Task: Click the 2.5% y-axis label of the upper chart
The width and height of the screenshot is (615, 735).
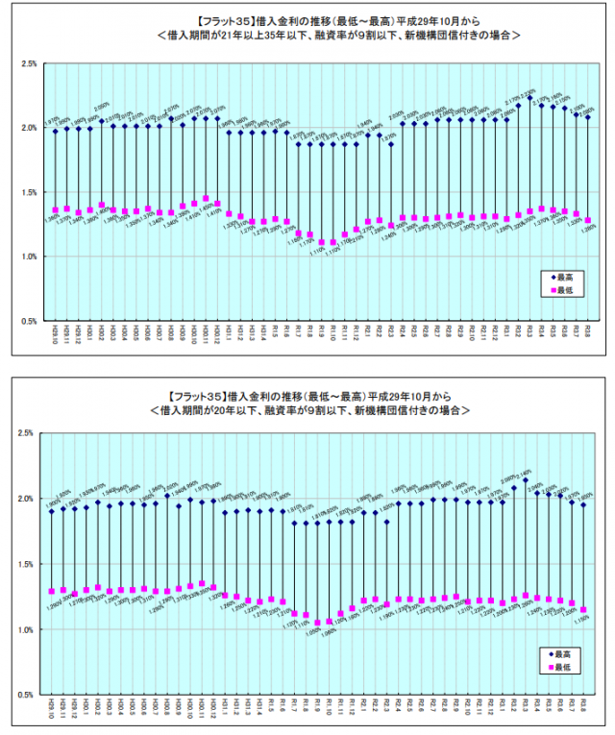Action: (29, 63)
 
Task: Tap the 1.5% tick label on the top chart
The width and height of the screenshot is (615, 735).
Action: (29, 192)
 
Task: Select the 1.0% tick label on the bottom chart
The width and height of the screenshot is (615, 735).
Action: (29, 629)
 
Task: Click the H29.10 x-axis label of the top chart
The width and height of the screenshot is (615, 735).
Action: (55, 335)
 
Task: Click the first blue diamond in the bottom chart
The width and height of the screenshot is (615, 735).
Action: (52, 511)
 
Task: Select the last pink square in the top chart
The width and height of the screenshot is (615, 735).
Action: (588, 220)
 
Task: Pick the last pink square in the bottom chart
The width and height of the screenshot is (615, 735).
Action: (582, 610)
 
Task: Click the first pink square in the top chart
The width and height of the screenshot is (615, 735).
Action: (55, 209)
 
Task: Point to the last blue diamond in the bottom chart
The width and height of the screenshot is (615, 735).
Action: (582, 504)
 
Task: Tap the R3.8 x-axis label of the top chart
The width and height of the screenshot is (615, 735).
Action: (588, 335)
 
